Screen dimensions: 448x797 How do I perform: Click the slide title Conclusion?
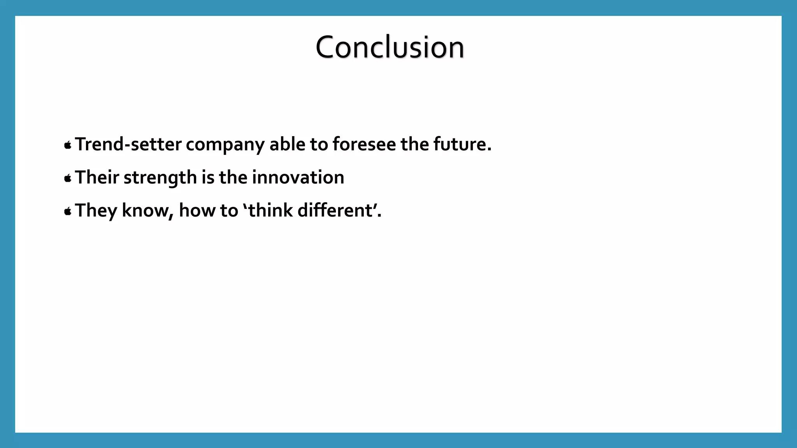[x=390, y=47]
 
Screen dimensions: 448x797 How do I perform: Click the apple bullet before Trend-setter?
[x=68, y=145]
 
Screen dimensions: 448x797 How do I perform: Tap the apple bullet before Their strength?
[x=68, y=178]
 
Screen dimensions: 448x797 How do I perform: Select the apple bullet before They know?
[x=68, y=212]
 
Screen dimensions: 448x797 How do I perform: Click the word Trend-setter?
[x=128, y=144]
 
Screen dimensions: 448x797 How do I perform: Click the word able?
[x=287, y=144]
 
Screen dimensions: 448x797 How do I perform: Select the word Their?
[x=97, y=177]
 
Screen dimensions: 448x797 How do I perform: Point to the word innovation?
[x=298, y=177]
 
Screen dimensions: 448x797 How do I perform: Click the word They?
[x=96, y=211]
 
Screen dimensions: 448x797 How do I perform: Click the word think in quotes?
[x=270, y=210]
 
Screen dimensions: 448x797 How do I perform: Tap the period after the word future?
[x=489, y=150]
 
